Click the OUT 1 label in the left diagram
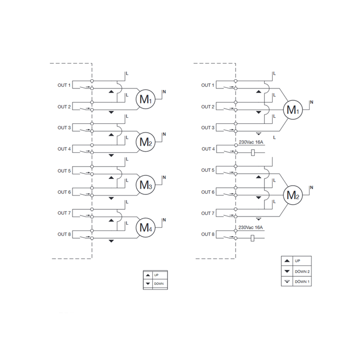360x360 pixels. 64,85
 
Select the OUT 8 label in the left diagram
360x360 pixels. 64,234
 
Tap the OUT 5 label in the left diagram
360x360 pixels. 64,170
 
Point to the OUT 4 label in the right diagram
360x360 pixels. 208,149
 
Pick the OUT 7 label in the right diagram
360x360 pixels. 208,213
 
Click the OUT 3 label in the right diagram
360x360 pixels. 208,128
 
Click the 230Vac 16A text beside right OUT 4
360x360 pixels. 251,142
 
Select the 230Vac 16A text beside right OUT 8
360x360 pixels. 251,227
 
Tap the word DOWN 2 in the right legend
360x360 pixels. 302,271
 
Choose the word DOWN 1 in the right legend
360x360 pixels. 302,281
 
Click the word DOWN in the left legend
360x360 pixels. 159,284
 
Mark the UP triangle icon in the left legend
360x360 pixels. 148,275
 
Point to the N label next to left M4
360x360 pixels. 164,220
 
